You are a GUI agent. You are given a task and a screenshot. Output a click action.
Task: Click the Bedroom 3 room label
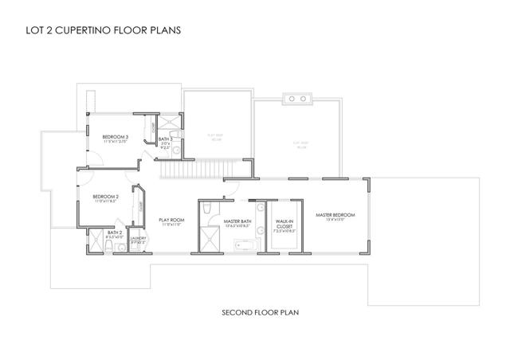point(116,137)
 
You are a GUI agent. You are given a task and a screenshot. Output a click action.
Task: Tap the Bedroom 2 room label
point(105,197)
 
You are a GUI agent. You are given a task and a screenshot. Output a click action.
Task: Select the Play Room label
point(171,220)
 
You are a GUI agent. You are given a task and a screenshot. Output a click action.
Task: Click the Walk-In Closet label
point(284,222)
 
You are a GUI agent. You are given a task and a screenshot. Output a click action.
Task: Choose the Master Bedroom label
point(335,215)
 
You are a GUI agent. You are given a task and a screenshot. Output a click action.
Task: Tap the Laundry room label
point(137,237)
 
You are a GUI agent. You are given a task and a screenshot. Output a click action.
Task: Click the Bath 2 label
point(114,233)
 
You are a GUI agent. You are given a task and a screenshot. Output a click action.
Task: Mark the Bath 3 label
point(165,140)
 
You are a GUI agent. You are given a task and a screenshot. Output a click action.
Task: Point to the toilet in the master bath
point(206,210)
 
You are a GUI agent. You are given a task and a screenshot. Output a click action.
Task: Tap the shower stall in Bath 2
point(96,242)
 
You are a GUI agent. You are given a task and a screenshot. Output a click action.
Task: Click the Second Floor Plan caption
point(254,312)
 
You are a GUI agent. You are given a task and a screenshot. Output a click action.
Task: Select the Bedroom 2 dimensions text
point(105,202)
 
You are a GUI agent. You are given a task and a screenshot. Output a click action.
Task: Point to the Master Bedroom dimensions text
point(335,221)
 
